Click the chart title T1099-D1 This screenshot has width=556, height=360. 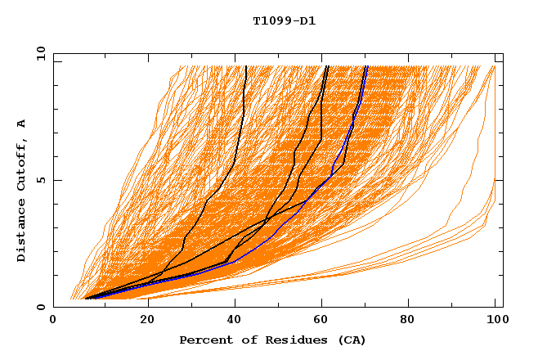pos(278,20)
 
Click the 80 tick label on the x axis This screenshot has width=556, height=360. pos(407,322)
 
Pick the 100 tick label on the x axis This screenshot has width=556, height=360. pos(495,322)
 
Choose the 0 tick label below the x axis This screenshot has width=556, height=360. pos(53,322)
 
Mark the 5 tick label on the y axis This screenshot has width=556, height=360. pos(39,180)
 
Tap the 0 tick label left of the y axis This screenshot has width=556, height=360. pos(39,307)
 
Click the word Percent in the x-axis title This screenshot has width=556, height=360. pos(204,340)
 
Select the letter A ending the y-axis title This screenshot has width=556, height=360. pos(22,124)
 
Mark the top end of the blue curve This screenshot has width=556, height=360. pos(367,67)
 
